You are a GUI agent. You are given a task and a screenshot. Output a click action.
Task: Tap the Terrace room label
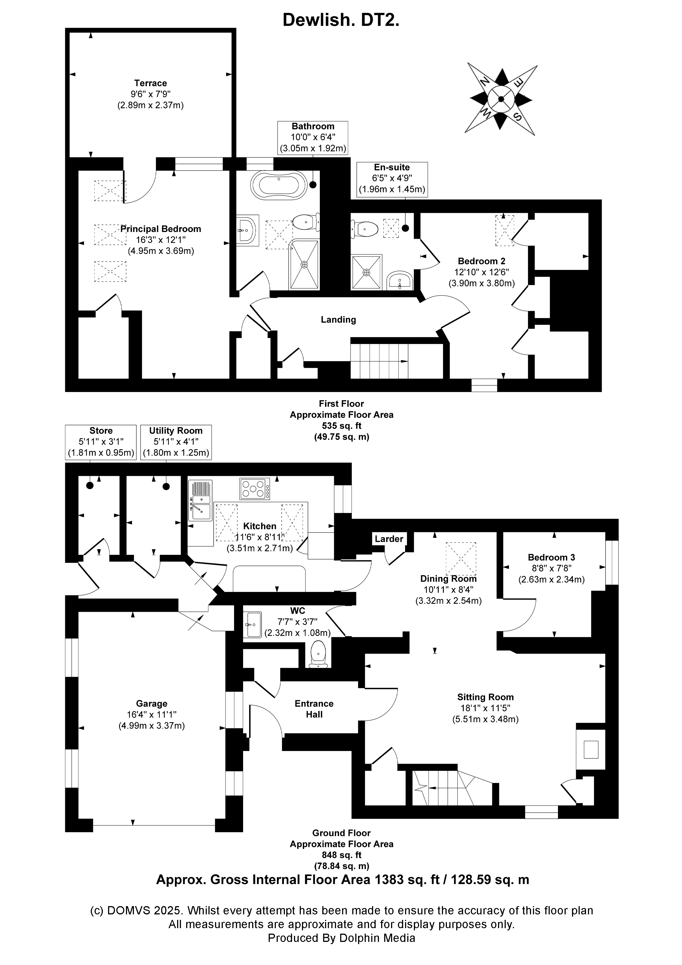pyautogui.click(x=150, y=83)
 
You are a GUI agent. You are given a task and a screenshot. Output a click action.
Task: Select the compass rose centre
pyautogui.click(x=501, y=99)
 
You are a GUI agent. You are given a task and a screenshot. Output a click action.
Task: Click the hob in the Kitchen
pyautogui.click(x=255, y=489)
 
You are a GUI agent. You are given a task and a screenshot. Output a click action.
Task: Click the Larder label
pyautogui.click(x=389, y=539)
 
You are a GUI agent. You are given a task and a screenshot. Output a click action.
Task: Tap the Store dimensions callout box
pyautogui.click(x=101, y=442)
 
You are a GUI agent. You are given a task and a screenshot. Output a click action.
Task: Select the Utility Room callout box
pyautogui.click(x=176, y=442)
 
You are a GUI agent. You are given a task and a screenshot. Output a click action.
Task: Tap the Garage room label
pyautogui.click(x=152, y=704)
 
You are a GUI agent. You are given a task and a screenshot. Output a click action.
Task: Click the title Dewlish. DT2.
pyautogui.click(x=341, y=20)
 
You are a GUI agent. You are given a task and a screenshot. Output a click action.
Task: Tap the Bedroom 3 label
pyautogui.click(x=551, y=557)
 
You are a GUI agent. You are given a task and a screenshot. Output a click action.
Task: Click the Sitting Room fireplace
pyautogui.click(x=591, y=749)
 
